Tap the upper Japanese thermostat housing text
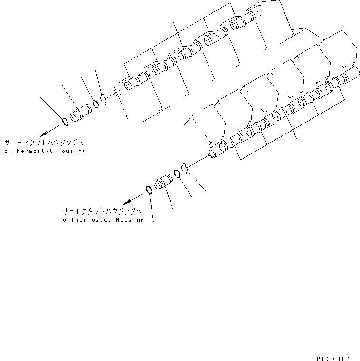click(47, 142)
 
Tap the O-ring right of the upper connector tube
click(96, 104)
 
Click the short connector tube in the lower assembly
click(162, 182)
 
